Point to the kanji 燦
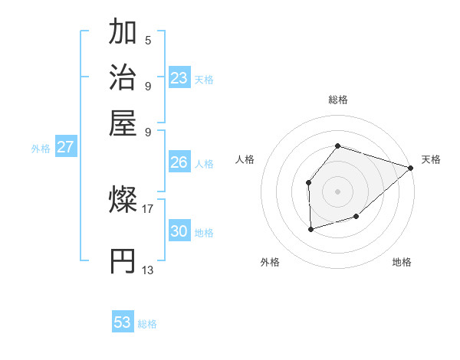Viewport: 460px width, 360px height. (x=123, y=201)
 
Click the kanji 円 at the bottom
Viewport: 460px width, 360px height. (x=123, y=261)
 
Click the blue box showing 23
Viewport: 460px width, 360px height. (x=179, y=78)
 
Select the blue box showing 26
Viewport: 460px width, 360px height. (x=179, y=162)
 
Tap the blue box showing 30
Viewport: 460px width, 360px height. (x=179, y=231)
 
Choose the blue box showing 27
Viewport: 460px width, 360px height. (x=65, y=147)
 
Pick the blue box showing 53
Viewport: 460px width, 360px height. (x=123, y=322)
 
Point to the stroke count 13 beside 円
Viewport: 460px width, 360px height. (x=147, y=270)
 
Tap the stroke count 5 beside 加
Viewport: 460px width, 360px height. (x=147, y=40)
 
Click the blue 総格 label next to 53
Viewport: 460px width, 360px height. (x=147, y=324)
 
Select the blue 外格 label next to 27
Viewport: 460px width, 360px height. (x=40, y=149)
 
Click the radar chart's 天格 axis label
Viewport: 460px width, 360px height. (x=431, y=159)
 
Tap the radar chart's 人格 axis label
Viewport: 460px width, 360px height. (x=245, y=159)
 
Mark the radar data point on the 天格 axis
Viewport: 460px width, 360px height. (x=411, y=169)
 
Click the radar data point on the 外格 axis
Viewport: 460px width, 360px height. (x=310, y=228)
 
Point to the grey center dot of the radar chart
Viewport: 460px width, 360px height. (x=337, y=190)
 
